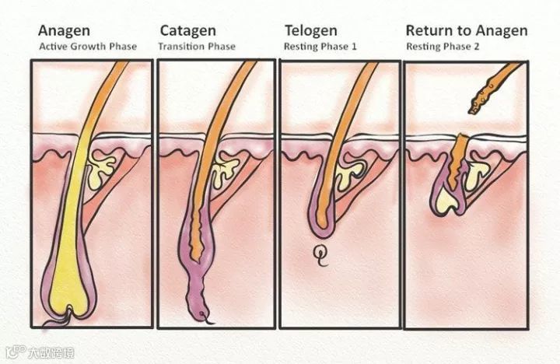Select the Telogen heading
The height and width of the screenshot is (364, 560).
(310, 31)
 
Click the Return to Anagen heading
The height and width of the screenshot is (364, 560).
(466, 31)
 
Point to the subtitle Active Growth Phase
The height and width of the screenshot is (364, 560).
(88, 47)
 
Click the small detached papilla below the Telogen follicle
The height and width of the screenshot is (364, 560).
(320, 253)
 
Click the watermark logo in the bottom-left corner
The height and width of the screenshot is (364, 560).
(37, 352)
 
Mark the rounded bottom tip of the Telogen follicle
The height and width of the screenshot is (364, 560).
(322, 231)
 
